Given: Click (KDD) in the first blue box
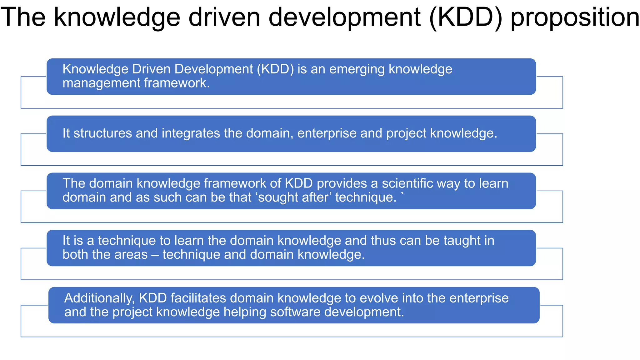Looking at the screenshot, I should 275,69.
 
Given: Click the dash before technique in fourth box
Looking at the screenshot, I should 155,255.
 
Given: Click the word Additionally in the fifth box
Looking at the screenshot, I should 99,298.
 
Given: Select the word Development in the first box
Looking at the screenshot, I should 213,69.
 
